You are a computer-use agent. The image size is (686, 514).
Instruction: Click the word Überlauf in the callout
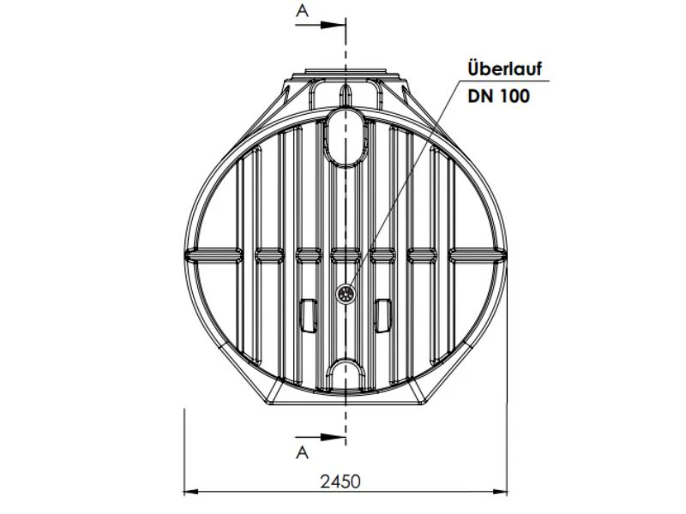[505, 69]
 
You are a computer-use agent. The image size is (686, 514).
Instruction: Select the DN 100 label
[499, 96]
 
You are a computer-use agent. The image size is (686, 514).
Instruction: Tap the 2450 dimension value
[340, 481]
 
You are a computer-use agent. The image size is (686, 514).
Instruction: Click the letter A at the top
[303, 10]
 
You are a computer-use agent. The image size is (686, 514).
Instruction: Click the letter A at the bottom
[303, 453]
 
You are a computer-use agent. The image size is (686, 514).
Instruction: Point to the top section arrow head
[334, 25]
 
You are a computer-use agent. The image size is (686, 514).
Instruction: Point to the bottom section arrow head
[334, 437]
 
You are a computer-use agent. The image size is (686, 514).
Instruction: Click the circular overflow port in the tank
[346, 294]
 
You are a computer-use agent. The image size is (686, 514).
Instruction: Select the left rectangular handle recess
[308, 315]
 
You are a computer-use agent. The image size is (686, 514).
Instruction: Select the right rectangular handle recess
[383, 315]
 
